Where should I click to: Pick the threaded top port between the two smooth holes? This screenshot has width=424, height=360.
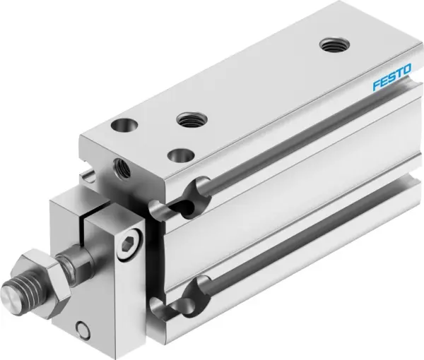click(x=189, y=121)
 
